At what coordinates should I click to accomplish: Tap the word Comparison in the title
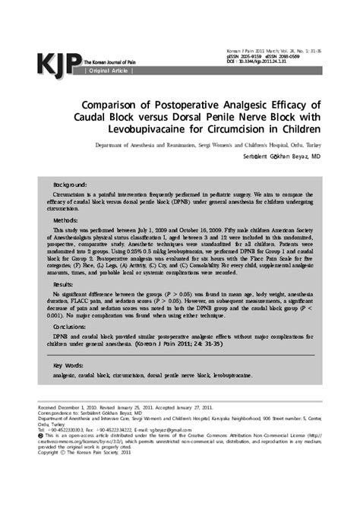click(x=130, y=103)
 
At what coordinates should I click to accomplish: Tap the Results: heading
click(x=65, y=283)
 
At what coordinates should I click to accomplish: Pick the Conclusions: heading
click(x=71, y=326)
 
